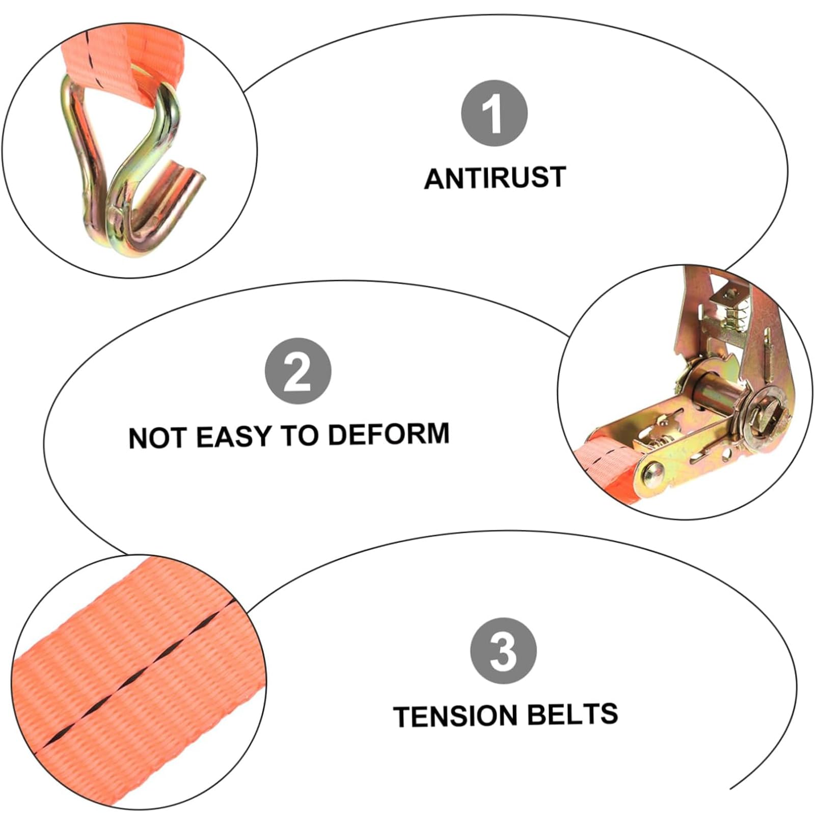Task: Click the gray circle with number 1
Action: [494, 113]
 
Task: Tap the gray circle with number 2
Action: [298, 371]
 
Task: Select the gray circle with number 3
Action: [503, 651]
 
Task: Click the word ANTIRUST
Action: [495, 178]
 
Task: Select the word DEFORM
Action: [389, 434]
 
